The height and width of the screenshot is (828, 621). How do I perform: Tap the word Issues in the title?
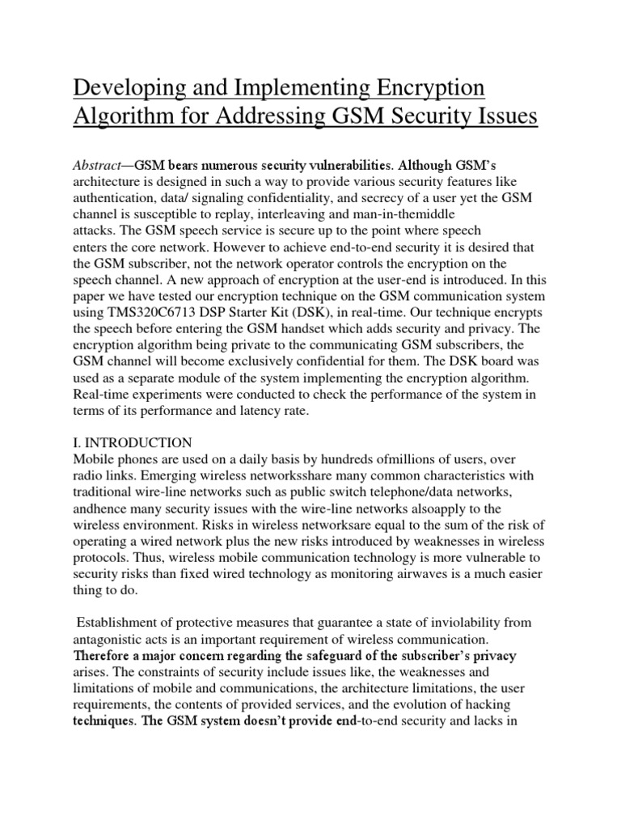[499, 117]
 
